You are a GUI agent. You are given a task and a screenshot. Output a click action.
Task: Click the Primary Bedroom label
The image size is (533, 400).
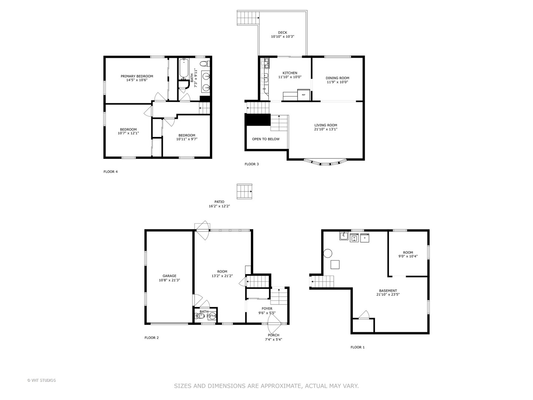137,76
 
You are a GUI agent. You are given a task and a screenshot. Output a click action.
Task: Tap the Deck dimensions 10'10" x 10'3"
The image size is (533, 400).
282,37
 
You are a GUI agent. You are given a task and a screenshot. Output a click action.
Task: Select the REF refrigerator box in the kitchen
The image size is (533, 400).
304,95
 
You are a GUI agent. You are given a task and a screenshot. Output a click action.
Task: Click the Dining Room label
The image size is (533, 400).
337,78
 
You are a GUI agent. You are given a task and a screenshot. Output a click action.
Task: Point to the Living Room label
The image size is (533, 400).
326,125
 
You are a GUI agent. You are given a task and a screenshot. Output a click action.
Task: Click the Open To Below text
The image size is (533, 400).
266,139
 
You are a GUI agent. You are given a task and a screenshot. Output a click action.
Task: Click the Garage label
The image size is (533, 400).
169,276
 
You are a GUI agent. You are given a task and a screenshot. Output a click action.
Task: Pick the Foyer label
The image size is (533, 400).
267,309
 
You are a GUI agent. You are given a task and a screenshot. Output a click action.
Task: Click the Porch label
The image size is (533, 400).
274,335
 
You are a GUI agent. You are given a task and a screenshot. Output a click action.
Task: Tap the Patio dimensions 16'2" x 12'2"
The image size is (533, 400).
219,206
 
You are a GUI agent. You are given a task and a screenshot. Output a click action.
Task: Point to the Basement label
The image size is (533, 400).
388,291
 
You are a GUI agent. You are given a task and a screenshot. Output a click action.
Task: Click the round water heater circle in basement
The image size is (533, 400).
328,253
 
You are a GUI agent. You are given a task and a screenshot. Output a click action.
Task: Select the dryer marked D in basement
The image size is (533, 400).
365,237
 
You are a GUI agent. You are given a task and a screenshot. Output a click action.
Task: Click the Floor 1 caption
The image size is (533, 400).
358,347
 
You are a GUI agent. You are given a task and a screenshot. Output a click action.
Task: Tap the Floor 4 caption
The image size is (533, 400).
110,172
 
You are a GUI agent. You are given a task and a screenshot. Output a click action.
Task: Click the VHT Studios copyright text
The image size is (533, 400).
41,380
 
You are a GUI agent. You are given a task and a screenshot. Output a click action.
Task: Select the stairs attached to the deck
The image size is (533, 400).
248,18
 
